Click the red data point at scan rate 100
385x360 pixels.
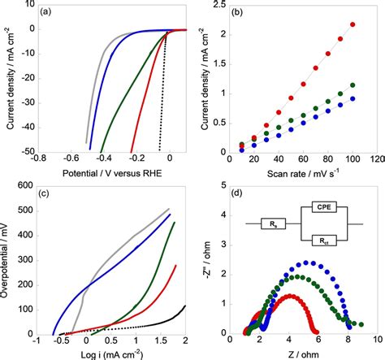pos(352,24)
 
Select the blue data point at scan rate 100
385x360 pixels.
pos(352,99)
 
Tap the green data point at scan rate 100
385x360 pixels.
pos(352,85)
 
